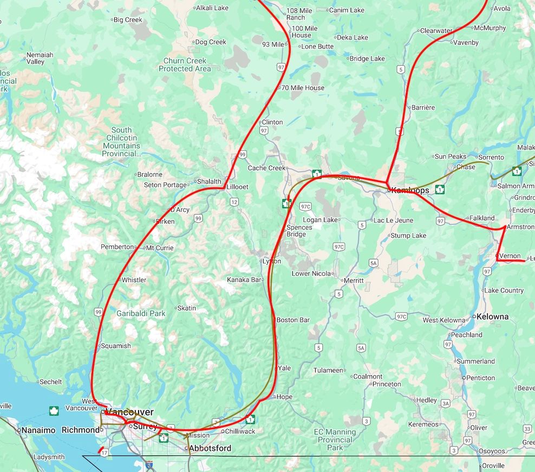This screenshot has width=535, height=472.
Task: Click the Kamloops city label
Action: click(410, 190)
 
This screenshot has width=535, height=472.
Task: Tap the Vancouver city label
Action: click(130, 412)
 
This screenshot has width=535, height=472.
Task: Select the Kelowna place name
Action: click(492, 316)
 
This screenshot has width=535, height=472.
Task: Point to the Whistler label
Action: click(134, 280)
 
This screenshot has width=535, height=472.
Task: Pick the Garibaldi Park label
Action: click(141, 313)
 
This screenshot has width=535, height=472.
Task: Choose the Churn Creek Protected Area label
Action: click(185, 65)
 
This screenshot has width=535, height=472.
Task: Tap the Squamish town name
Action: click(116, 346)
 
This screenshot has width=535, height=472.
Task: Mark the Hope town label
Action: click(284, 397)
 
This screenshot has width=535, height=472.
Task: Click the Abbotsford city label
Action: click(210, 448)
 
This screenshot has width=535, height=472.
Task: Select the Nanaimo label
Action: click(38, 430)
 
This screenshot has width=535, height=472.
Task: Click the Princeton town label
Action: click(387, 384)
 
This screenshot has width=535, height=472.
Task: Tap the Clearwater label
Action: click(436, 31)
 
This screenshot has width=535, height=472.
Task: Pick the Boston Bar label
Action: click(293, 320)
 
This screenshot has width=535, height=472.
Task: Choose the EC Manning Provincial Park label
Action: click(335, 439)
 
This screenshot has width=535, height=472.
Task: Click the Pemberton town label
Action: click(117, 247)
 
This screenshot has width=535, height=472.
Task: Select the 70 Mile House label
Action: click(304, 88)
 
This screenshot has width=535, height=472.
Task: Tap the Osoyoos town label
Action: click(492, 451)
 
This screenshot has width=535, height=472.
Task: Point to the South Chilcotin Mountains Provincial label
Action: click(121, 142)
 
